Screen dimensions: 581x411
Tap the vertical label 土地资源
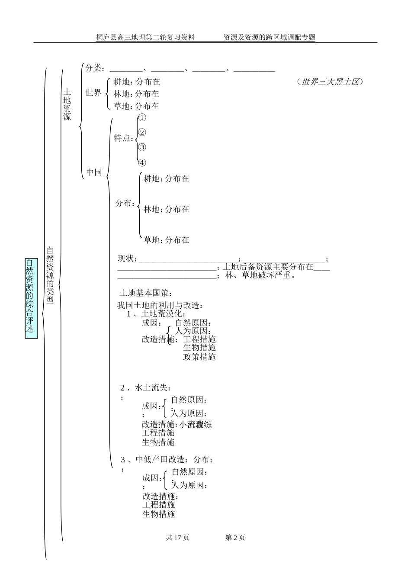pos(67,104)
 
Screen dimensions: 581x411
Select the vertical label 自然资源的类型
pos(50,275)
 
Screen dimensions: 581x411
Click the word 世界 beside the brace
pos(93,93)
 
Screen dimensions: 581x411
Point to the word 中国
pos(94,172)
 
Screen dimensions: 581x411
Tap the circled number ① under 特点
pos(142,118)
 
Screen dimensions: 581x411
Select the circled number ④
pos(142,163)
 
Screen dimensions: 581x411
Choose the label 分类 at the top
pos(94,68)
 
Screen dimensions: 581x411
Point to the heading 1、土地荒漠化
pos(156,314)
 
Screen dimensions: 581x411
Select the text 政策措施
pos(199,357)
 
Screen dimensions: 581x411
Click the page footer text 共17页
pos(177,538)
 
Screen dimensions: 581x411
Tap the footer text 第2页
pos(235,538)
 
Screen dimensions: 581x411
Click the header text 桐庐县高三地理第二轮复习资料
pos(145,38)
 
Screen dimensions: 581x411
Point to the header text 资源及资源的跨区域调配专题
pos(269,38)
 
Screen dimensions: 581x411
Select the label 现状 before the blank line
pos(127,259)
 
